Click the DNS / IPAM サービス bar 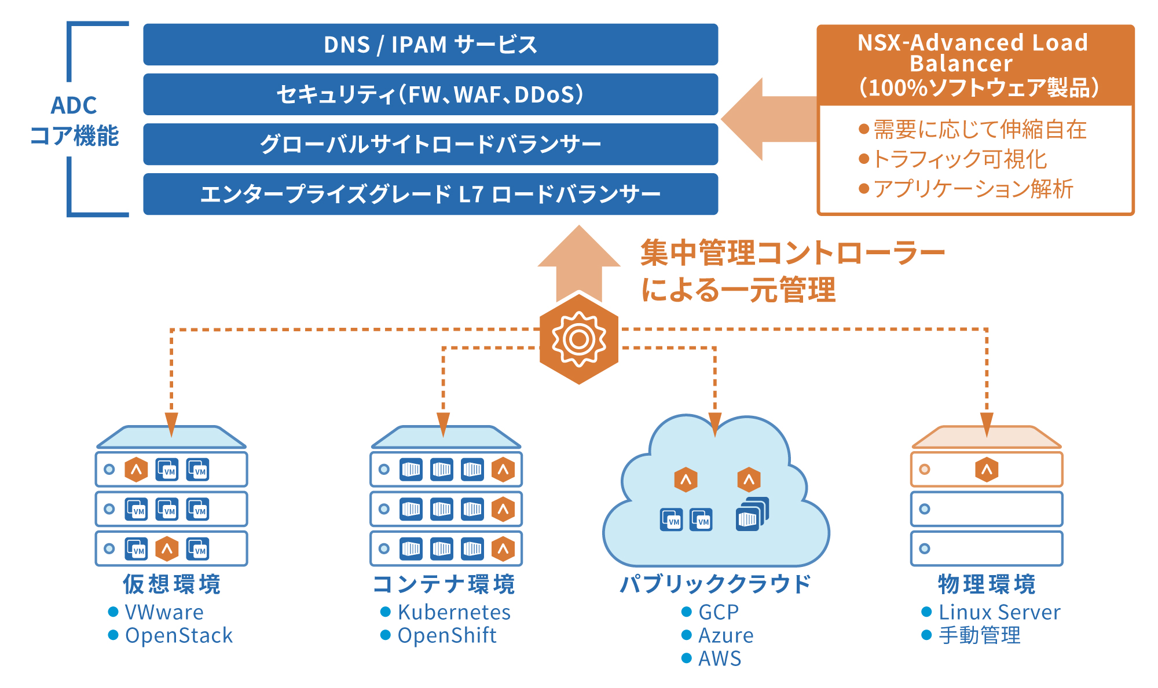430,45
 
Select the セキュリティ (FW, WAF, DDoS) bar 430,94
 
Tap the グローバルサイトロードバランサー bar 430,144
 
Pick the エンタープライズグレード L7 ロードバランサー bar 430,194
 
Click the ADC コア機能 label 74,120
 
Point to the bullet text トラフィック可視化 959,159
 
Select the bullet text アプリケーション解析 973,189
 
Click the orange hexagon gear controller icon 579,339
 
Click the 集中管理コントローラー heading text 792,254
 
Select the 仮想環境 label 172,584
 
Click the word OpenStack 179,636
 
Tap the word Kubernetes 454,612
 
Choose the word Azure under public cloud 726,636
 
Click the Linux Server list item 999,612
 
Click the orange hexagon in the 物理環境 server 987,470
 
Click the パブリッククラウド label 716,584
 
